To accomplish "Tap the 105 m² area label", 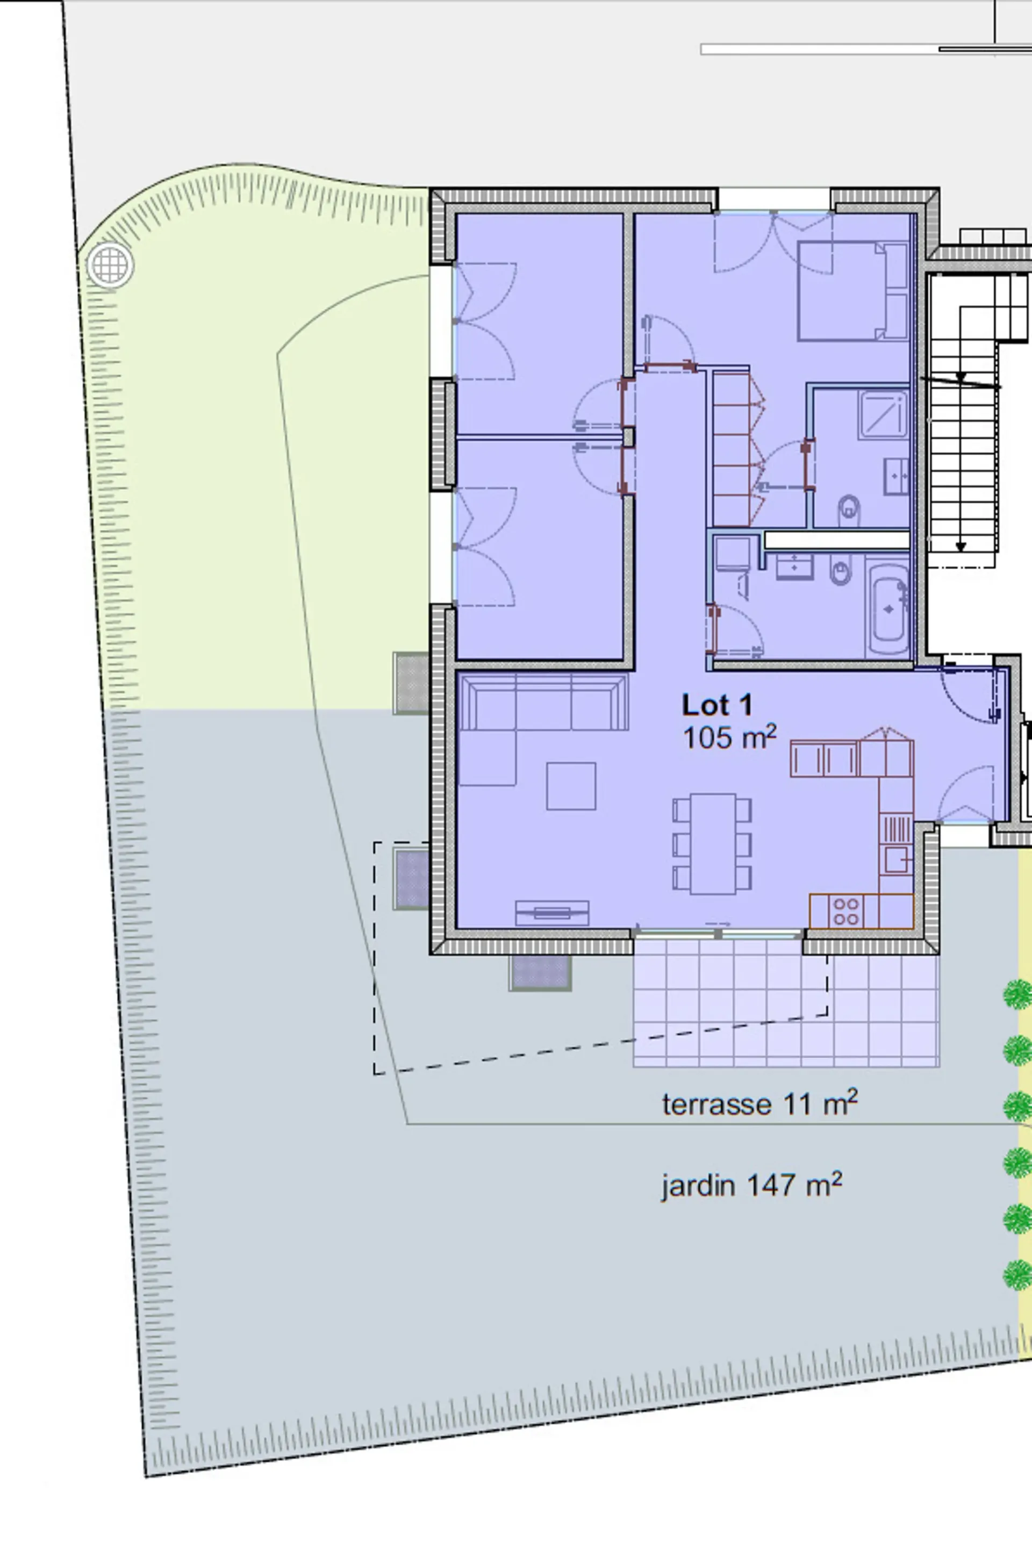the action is [729, 737].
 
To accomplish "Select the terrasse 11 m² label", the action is [759, 1103].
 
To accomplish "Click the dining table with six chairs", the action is [712, 844].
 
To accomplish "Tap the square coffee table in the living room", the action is [571, 786].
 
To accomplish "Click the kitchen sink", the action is [896, 859].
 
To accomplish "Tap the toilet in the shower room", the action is [849, 511].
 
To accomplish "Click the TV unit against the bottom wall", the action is [551, 913].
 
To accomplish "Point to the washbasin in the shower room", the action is [897, 476].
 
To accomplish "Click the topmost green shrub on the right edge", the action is [1018, 994].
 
